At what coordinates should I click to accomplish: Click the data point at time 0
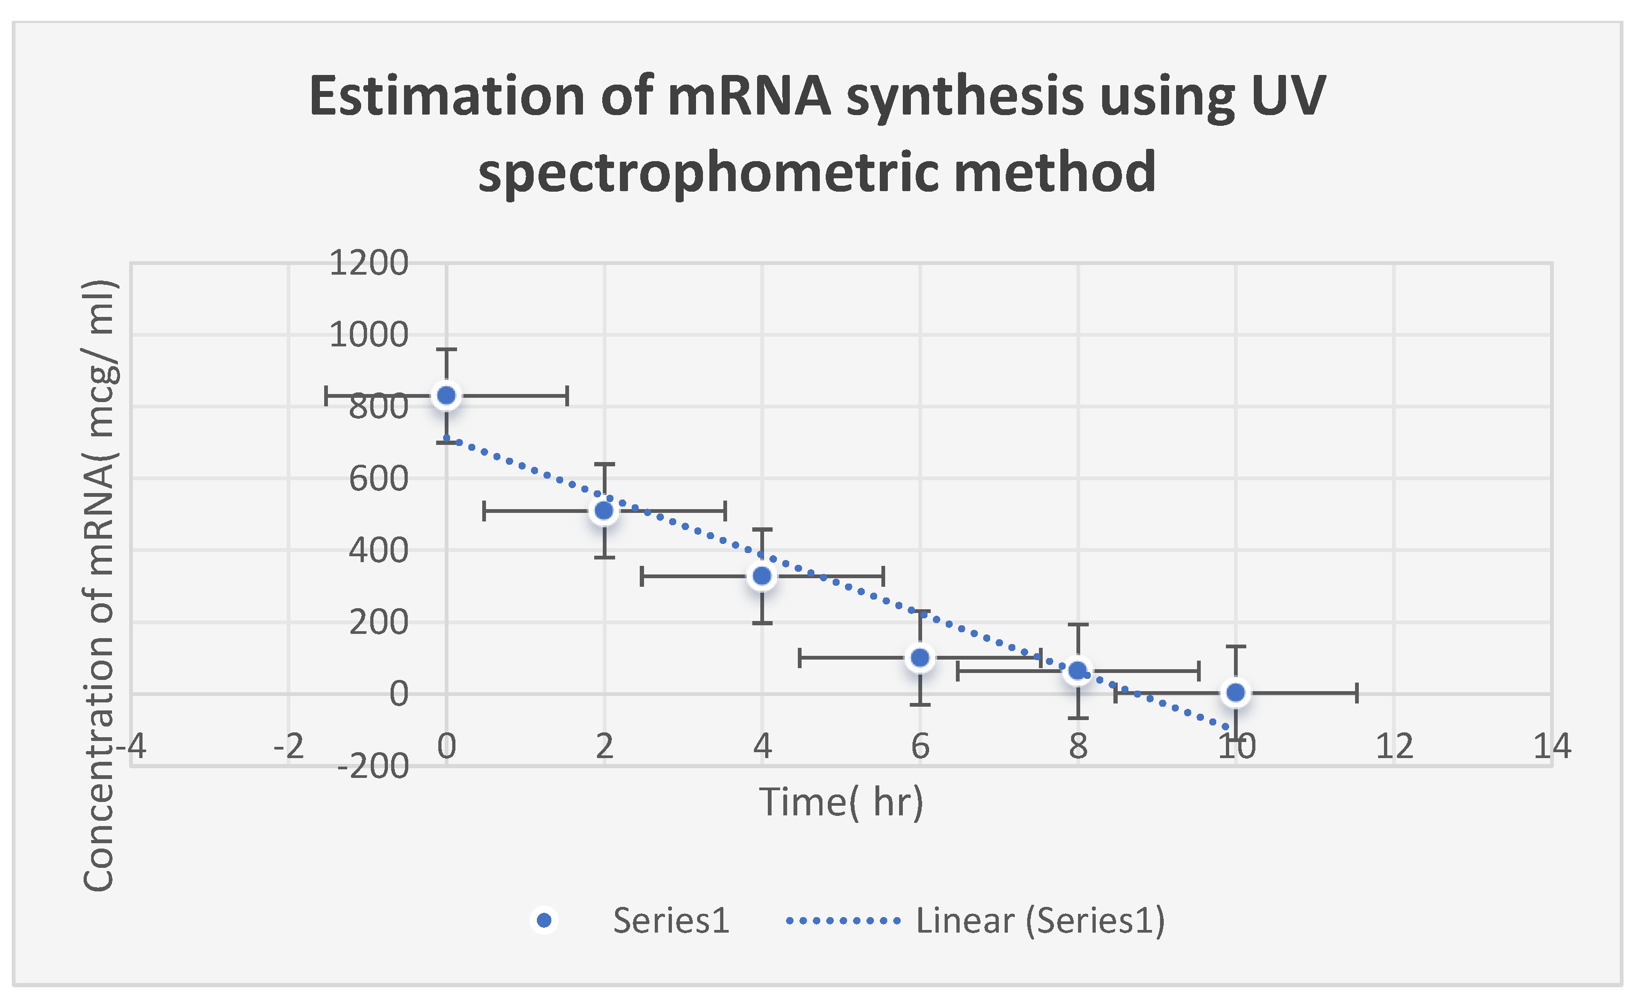point(447,396)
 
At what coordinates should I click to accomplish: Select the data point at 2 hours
point(604,511)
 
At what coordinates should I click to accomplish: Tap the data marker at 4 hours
point(762,576)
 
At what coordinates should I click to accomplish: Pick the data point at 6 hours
point(920,657)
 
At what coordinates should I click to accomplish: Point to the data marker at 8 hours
point(1078,671)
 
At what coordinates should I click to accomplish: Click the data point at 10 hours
point(1236,693)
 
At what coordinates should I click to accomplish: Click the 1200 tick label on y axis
point(369,263)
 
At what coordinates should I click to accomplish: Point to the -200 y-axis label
point(373,767)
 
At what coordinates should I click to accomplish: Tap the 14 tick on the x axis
point(1552,746)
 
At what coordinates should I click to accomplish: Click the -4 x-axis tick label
point(131,746)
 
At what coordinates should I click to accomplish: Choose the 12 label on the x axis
point(1394,746)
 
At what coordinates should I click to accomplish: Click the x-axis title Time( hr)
point(841,803)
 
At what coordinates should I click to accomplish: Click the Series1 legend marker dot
point(544,920)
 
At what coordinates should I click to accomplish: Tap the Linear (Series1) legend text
point(1040,920)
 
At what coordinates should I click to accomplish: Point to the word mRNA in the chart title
point(749,96)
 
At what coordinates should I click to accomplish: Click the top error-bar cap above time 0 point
point(447,349)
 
